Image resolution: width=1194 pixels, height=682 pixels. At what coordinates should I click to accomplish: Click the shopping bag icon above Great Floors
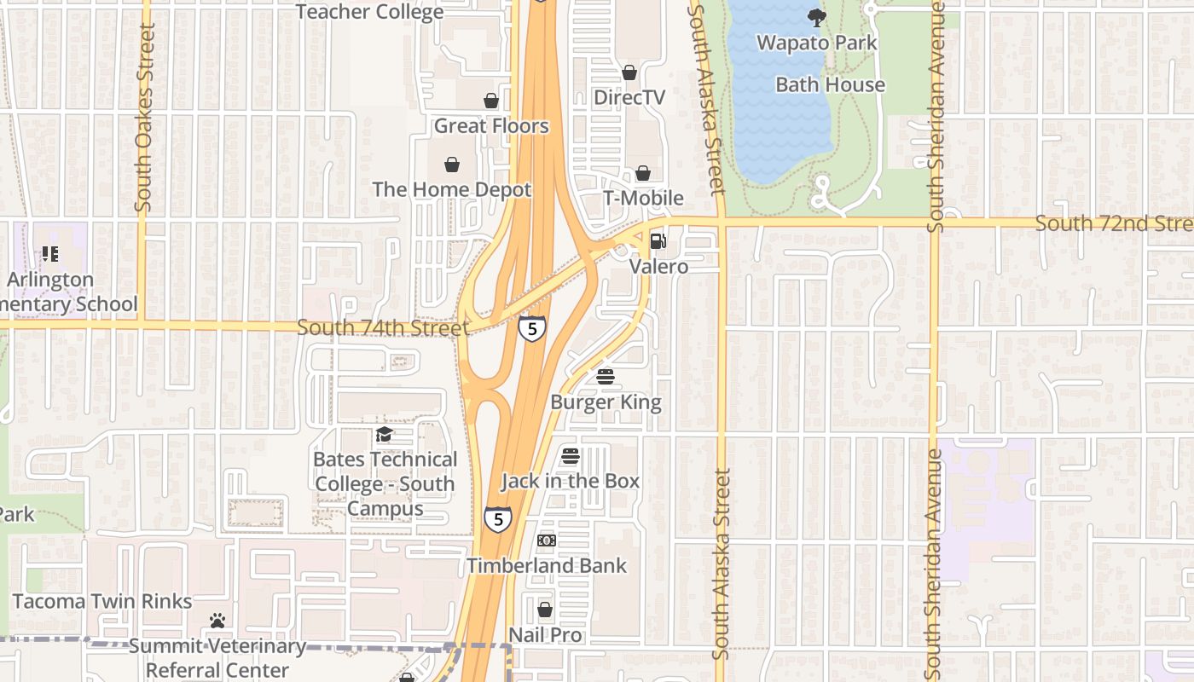point(491,101)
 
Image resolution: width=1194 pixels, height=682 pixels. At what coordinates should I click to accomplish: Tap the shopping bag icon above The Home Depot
point(452,165)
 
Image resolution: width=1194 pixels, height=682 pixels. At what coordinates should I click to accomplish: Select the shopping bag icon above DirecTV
point(629,73)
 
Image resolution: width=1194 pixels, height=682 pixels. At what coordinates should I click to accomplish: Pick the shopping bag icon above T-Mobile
point(643,174)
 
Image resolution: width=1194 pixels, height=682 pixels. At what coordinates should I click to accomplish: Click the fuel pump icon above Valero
point(658,242)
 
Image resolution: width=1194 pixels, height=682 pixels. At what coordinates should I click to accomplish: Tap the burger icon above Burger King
point(606,377)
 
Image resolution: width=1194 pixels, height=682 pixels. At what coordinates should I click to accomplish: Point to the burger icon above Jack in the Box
point(571,456)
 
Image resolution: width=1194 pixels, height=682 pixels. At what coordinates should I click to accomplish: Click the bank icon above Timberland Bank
point(547,540)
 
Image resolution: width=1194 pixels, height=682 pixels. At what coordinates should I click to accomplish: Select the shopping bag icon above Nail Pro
point(545,610)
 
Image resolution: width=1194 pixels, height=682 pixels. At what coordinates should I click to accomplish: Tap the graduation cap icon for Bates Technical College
point(385,435)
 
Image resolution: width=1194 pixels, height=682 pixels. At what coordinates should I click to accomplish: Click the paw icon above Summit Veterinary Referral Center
point(217,621)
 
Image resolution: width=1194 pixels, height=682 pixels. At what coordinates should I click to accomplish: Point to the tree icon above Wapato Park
point(816,18)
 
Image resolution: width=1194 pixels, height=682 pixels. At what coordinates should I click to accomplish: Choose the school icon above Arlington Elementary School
point(50,254)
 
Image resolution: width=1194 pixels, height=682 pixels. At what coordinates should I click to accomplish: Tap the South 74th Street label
point(383,327)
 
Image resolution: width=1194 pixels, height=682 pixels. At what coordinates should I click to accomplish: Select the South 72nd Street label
point(1113,223)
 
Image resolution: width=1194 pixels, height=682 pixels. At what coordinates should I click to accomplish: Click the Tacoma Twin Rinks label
point(102,601)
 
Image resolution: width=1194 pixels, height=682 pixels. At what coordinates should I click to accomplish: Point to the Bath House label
point(830,84)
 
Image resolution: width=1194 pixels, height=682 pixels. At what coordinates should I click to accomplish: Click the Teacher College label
point(369,12)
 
